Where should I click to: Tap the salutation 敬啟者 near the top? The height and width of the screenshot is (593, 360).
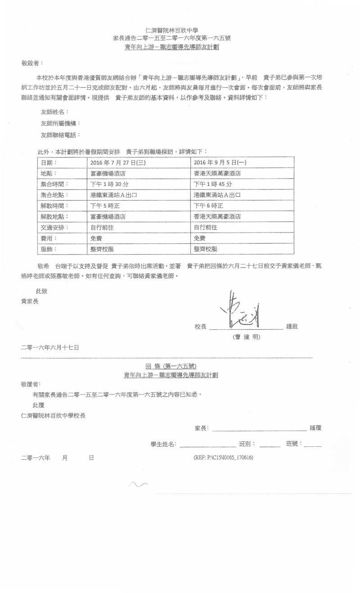point(32,64)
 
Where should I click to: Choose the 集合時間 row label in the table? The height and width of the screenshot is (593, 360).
point(55,184)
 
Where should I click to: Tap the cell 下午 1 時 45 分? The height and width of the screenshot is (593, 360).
point(213,184)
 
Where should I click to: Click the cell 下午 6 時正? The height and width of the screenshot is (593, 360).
point(208,206)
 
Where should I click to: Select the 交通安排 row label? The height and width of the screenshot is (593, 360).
point(55,227)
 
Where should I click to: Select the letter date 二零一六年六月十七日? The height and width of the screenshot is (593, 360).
point(50,347)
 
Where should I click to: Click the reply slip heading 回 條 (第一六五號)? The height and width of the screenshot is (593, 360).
point(171,366)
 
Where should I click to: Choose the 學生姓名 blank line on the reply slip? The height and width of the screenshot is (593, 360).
point(207,445)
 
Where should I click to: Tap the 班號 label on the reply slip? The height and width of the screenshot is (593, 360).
point(294,444)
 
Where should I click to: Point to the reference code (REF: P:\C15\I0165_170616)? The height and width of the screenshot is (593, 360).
point(224,458)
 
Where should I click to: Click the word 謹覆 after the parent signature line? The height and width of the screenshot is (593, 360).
point(315,428)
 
